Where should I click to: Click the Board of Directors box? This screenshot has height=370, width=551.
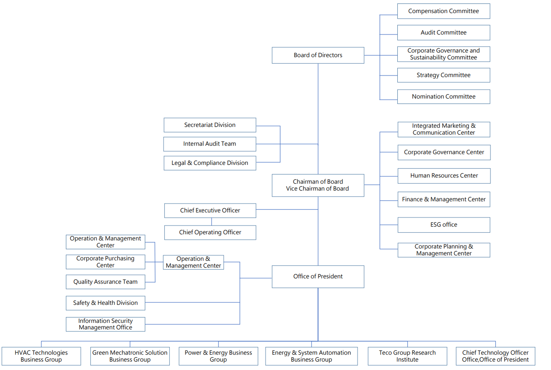(x=318, y=55)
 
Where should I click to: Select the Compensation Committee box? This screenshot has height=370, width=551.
(x=443, y=11)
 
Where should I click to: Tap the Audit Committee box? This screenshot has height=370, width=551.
(x=443, y=33)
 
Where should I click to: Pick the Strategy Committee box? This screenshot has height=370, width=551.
(x=443, y=75)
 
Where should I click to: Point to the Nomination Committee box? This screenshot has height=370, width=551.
(x=443, y=97)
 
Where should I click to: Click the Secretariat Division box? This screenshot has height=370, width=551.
(x=210, y=125)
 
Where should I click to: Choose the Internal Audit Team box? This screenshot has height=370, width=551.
(x=210, y=144)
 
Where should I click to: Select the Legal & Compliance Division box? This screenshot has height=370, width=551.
(x=210, y=163)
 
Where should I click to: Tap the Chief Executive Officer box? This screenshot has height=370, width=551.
(x=210, y=210)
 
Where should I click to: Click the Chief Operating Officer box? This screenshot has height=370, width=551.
(x=210, y=232)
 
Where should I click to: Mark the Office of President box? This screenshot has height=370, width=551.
(x=318, y=276)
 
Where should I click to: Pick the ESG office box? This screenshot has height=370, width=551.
(x=444, y=225)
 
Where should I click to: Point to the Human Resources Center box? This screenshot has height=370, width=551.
(x=444, y=176)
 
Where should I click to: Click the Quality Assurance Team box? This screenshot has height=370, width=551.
(x=105, y=282)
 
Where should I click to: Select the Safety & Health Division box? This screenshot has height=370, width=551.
(x=105, y=303)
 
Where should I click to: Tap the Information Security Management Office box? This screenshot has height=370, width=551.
(x=105, y=324)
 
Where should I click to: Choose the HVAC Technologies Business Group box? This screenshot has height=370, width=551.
(x=41, y=356)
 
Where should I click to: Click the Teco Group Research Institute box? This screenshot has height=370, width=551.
(x=407, y=356)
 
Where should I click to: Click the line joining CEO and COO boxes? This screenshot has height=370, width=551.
(x=212, y=222)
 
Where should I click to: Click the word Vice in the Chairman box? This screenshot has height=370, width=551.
(x=292, y=189)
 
